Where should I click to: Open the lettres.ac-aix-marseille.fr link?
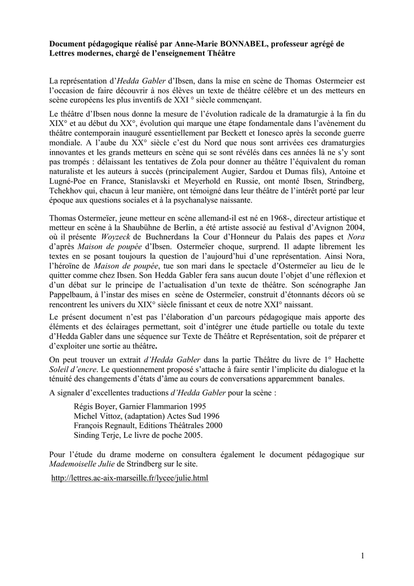(130, 477)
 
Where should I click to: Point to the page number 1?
(363, 555)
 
